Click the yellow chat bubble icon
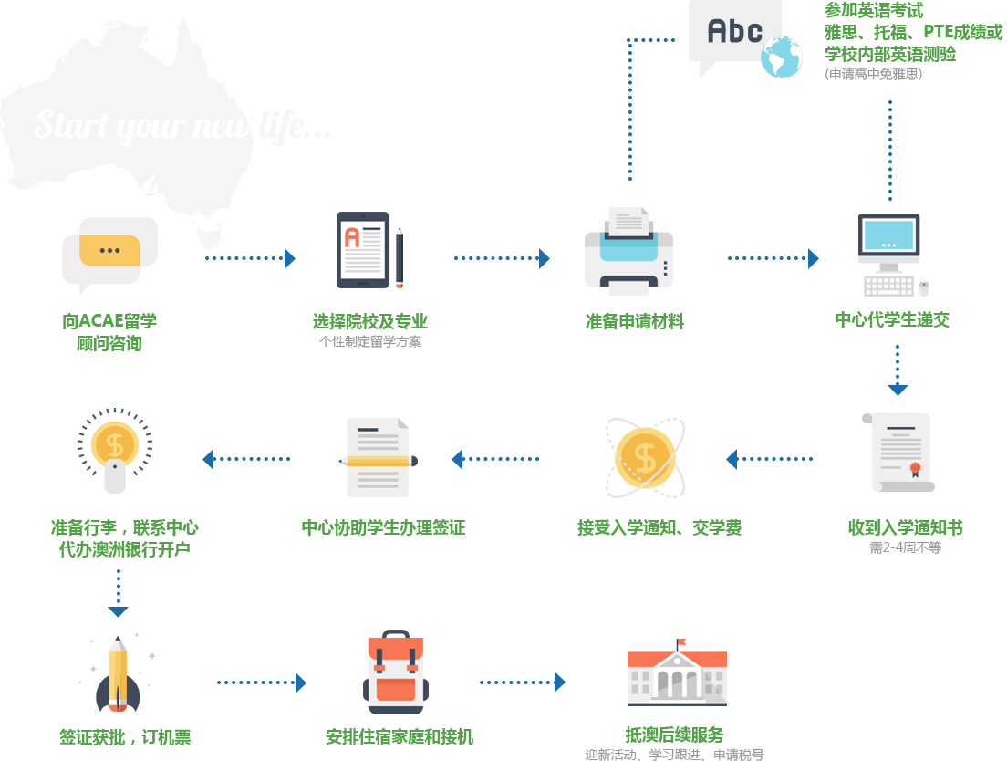109,251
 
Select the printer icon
628,252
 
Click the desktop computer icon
893,255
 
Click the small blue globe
781,57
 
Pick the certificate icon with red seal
898,453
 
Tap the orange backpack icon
395,671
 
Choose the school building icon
677,672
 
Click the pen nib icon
117,672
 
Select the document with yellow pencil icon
378,457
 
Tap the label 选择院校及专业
370,321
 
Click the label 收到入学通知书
904,527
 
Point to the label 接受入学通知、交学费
659,527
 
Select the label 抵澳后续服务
675,735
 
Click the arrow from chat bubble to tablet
251,258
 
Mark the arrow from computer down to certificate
898,370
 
